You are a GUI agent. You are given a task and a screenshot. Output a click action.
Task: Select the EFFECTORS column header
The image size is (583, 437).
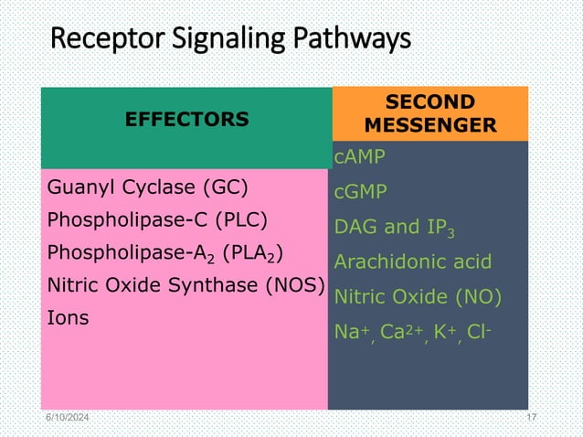(x=186, y=119)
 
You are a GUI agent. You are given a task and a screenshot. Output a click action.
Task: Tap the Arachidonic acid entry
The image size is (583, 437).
(x=412, y=262)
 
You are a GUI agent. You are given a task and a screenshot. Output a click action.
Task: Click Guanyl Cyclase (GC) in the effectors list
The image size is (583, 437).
(x=147, y=189)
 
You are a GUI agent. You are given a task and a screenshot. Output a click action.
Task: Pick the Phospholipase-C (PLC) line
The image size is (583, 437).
(x=156, y=221)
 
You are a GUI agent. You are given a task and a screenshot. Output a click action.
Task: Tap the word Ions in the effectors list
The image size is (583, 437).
(x=68, y=318)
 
